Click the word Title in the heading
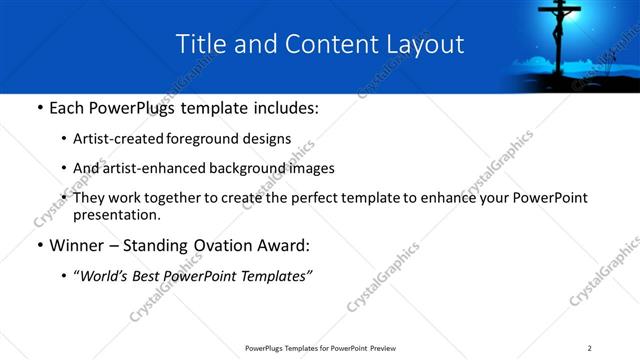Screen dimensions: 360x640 [x=201, y=44]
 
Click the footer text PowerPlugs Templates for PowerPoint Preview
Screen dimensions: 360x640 [x=320, y=348]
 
